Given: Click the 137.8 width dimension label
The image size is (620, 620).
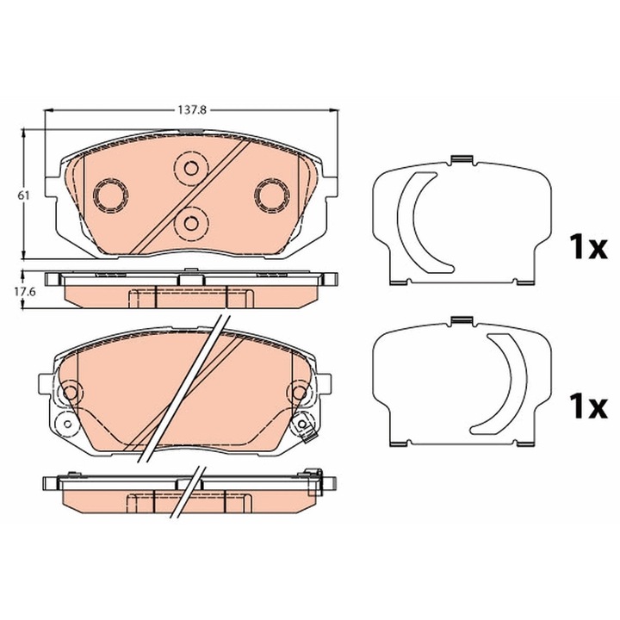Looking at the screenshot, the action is click(192, 110).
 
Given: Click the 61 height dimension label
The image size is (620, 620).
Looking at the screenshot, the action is click(25, 195).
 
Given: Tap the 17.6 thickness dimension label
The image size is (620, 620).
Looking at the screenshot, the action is click(25, 292).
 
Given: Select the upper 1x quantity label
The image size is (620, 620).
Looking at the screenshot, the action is click(587, 247).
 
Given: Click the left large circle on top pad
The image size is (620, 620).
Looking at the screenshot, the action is click(110, 195).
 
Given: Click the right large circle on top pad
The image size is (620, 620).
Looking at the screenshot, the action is click(272, 195).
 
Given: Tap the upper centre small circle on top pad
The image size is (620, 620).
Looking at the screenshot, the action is click(191, 169).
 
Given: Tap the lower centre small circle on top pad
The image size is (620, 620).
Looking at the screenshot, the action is click(191, 224).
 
